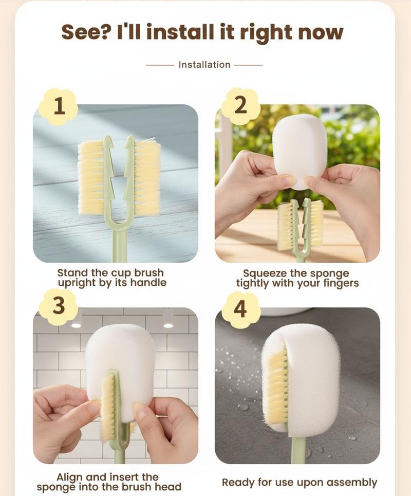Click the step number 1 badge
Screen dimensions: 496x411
point(59,106)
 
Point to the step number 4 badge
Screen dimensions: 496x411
point(240,309)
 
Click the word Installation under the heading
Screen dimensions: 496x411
point(204,65)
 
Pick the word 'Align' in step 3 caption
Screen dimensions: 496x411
point(70,477)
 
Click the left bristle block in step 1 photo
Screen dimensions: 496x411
point(91,177)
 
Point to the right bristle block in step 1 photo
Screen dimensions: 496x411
point(147,177)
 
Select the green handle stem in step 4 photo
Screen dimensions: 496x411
point(296,450)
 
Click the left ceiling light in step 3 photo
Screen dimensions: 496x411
point(76,325)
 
